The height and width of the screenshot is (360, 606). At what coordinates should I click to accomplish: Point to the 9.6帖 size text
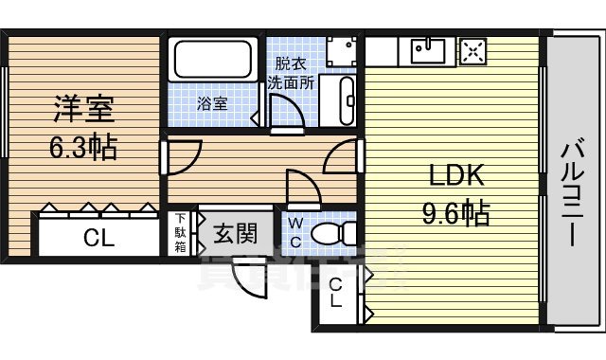coord(455,212)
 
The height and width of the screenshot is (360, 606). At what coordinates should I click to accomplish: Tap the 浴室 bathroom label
coord(212,103)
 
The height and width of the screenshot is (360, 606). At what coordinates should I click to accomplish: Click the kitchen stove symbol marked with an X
coord(472,49)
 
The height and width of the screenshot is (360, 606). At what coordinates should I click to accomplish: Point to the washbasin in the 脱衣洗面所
coord(346,97)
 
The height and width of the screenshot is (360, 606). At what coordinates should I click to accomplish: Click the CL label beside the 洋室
coord(98,239)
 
